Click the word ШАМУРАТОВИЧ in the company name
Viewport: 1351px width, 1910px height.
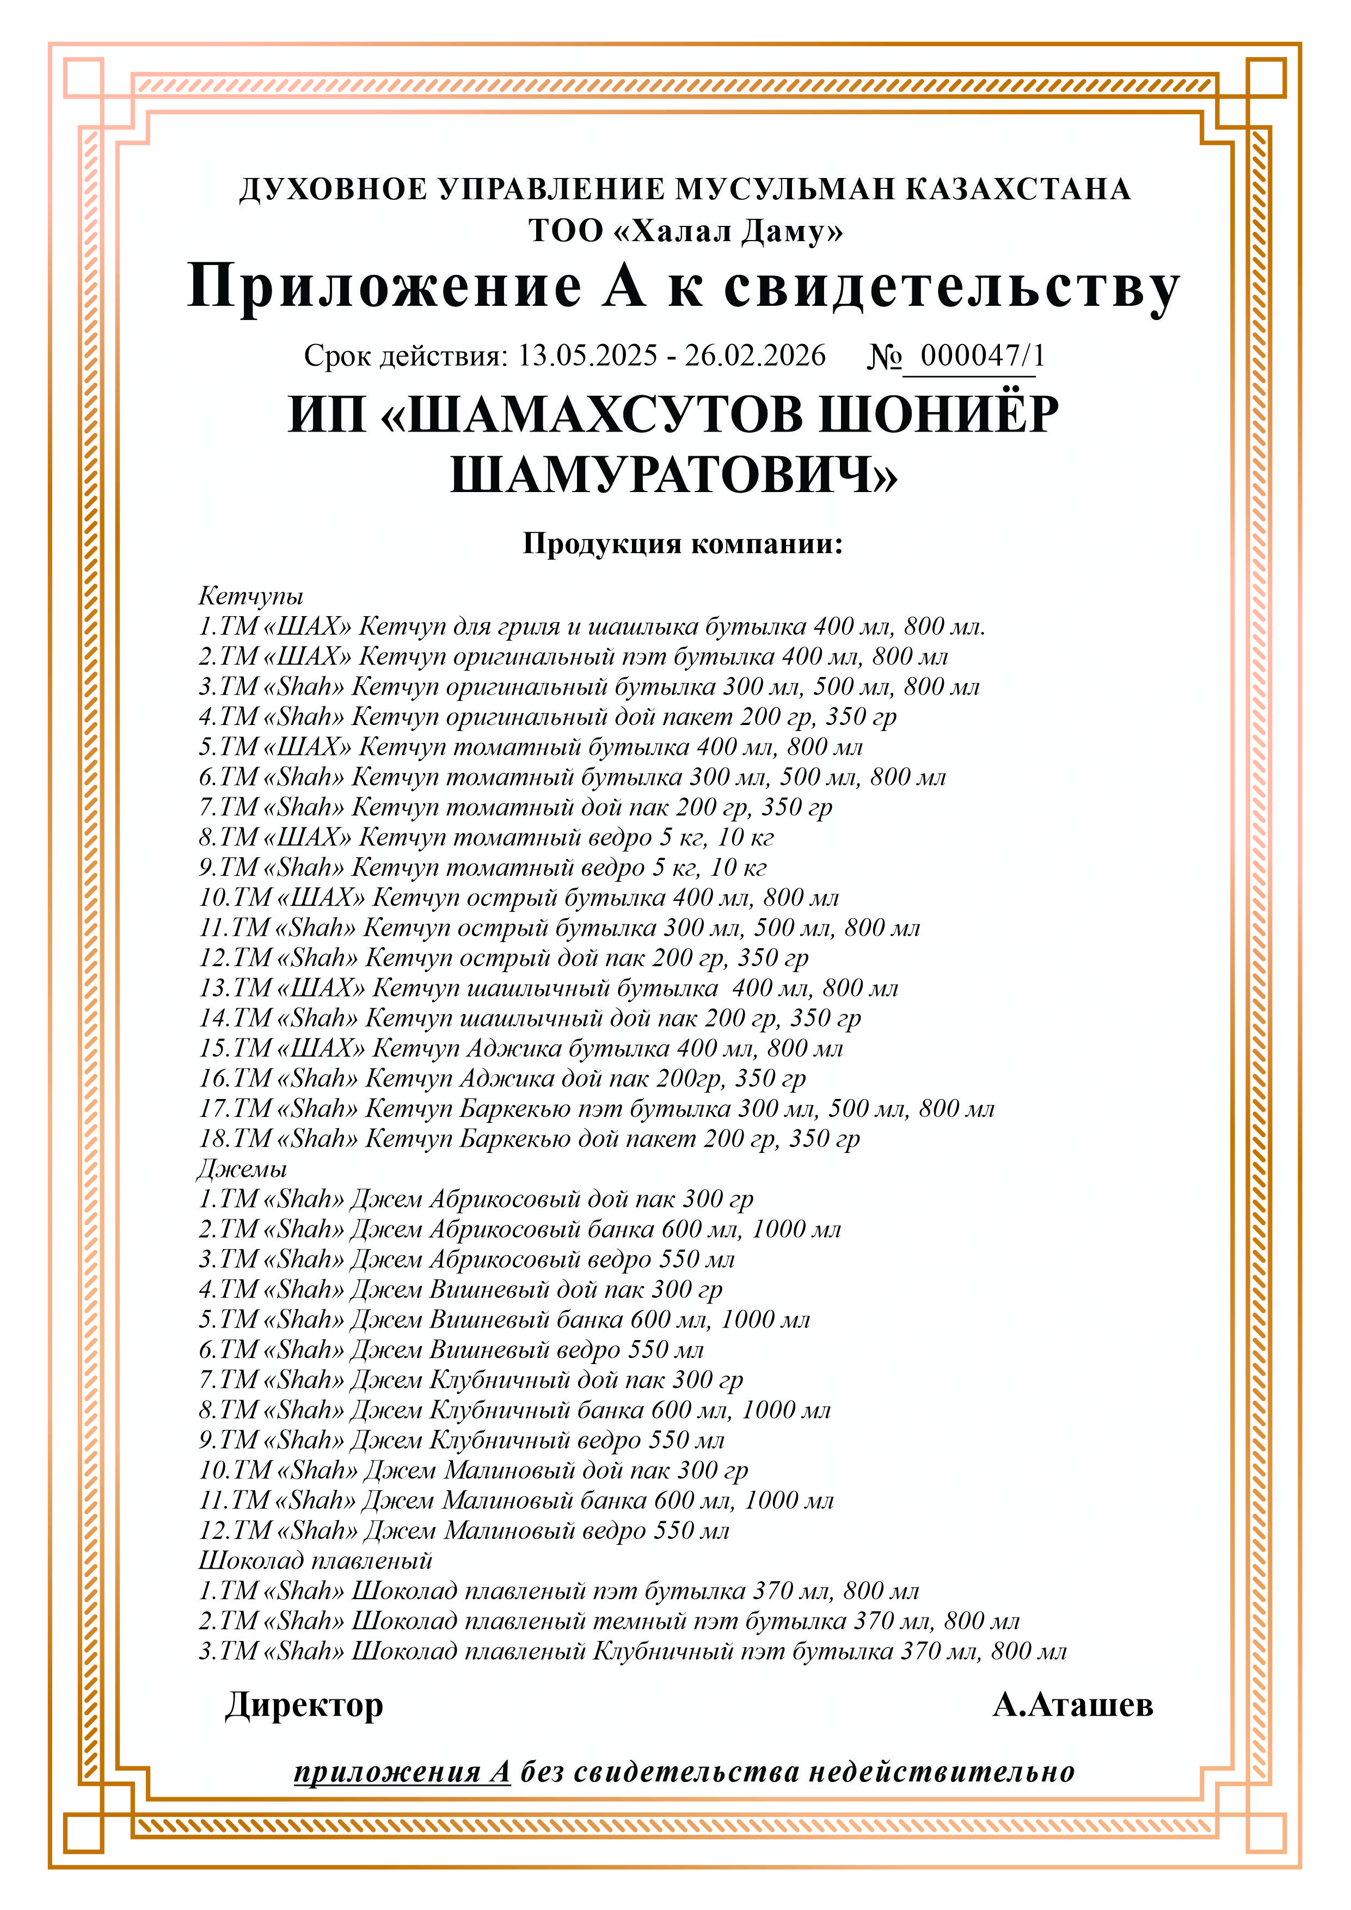[x=674, y=476]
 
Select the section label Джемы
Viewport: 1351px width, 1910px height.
[x=242, y=1168]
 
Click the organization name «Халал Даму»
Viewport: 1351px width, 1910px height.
[x=728, y=230]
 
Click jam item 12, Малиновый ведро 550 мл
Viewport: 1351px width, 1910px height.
[x=463, y=1530]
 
